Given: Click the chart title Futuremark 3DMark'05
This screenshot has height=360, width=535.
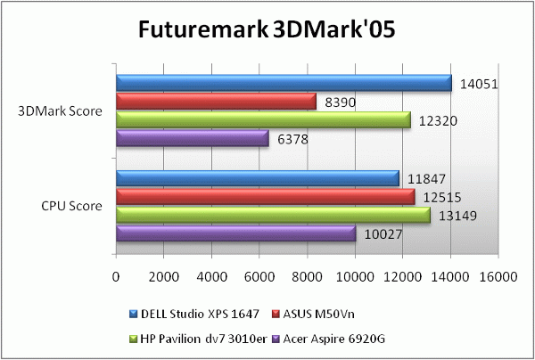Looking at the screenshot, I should (x=267, y=29).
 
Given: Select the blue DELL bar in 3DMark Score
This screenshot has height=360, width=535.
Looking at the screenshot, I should (x=284, y=83).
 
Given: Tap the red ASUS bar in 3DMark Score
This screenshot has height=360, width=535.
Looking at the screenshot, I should (x=216, y=102).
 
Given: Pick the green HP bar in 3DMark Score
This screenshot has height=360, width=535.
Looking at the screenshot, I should (x=263, y=120).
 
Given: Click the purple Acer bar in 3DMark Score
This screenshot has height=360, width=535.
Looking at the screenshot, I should (x=192, y=139).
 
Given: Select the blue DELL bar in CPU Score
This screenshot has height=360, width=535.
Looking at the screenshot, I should (x=257, y=178).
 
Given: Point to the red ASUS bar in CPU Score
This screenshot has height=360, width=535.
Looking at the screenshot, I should (x=265, y=196).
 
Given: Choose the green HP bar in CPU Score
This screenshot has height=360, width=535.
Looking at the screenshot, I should (x=273, y=215).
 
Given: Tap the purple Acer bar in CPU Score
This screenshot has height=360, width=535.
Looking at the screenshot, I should (x=235, y=233).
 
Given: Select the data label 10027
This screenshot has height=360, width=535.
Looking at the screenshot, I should (x=382, y=234).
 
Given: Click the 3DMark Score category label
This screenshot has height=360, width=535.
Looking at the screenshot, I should (x=60, y=111).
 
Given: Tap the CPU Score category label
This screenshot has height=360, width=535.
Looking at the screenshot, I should (x=71, y=206).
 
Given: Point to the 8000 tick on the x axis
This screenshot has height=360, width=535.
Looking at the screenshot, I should (x=308, y=277).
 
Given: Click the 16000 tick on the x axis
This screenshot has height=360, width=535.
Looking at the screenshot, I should (x=498, y=277).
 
